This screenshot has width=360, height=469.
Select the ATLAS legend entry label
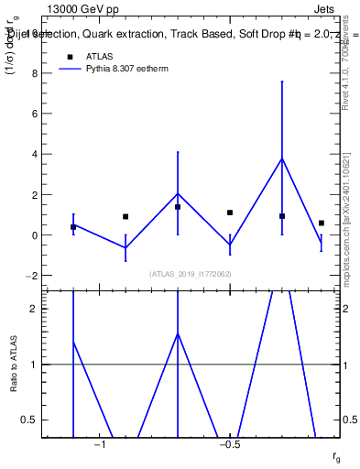coord(101,56)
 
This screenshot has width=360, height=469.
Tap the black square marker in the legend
coord(71,56)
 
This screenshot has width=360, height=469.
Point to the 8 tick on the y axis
coord(38,74)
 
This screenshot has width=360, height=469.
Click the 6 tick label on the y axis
coord(38,115)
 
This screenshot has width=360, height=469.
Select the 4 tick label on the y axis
coord(38,155)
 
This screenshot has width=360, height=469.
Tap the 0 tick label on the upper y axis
coord(38,235)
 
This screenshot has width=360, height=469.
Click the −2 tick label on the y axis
coord(35,276)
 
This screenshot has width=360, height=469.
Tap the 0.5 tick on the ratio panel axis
coord(35,420)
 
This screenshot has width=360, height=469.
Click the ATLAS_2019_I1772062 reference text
coord(191,274)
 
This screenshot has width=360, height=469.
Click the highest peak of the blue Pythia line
coord(282,158)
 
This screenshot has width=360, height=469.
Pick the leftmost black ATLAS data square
coord(73,227)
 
